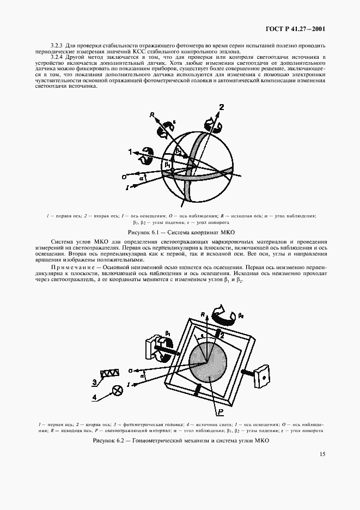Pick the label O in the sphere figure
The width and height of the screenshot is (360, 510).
point(125,178)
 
